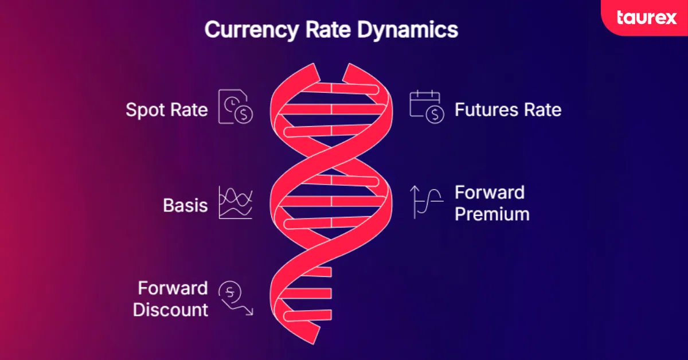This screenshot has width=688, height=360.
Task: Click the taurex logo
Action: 647,18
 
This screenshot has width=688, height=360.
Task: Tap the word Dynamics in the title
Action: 407,29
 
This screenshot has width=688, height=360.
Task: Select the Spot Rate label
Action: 167,110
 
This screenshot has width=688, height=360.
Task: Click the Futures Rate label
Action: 508,109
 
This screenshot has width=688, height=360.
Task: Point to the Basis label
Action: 185,205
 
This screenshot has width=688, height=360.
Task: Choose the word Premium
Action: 492,214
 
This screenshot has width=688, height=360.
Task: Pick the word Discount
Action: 170,310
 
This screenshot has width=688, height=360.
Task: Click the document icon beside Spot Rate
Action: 235,107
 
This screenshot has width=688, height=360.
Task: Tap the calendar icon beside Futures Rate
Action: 427,107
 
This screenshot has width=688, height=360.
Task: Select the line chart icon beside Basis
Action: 236,202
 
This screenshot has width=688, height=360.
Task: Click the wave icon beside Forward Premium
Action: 427,202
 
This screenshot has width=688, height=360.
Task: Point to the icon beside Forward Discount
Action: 236,298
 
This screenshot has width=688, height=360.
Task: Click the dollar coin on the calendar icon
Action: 435,115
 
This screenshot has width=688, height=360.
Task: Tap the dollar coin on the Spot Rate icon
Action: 244,115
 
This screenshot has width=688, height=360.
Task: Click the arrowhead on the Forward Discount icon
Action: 250,312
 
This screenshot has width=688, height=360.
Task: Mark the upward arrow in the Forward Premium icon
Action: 415,202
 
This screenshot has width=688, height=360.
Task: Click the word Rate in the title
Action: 328,30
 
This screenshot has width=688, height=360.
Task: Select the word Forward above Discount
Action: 173,288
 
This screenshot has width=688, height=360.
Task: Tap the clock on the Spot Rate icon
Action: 232,104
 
